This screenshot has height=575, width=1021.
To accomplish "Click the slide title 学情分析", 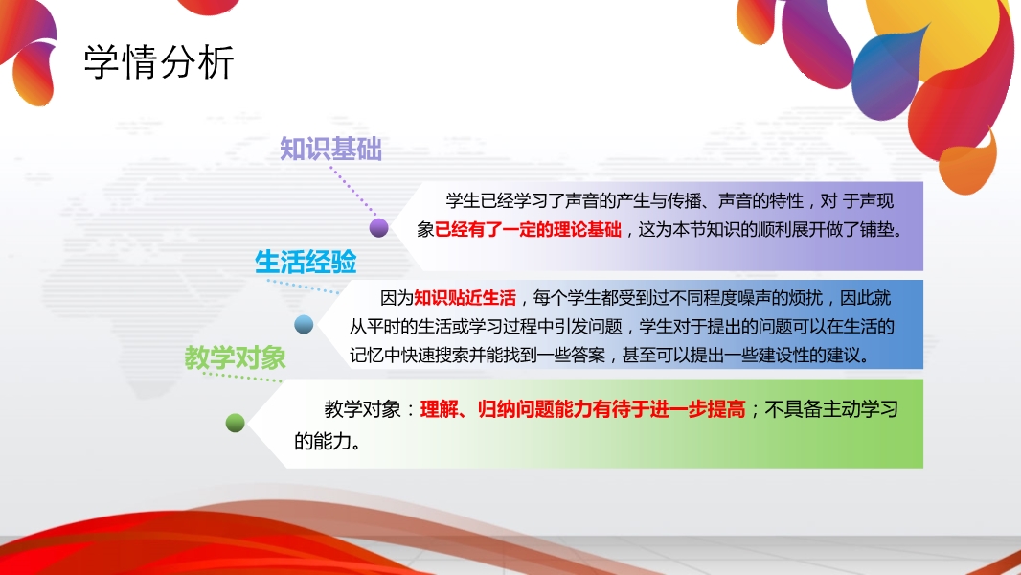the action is pyautogui.click(x=159, y=62).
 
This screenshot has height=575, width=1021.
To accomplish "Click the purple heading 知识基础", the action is pyautogui.click(x=330, y=149).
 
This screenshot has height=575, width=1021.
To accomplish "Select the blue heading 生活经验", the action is pyautogui.click(x=306, y=263).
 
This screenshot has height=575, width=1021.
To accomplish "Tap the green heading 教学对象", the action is pyautogui.click(x=235, y=357).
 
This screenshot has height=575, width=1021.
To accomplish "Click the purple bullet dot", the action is pyautogui.click(x=379, y=228).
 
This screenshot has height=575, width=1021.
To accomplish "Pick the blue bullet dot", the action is pyautogui.click(x=304, y=324).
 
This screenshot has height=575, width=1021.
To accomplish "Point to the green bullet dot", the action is pyautogui.click(x=235, y=424).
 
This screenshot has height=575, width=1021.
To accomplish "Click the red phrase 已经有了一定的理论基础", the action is pyautogui.click(x=528, y=229).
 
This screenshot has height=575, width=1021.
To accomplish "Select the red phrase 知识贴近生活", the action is pyautogui.click(x=465, y=298).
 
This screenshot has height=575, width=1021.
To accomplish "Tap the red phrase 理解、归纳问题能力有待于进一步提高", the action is pyautogui.click(x=582, y=409).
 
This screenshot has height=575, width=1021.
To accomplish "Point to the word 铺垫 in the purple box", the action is pyautogui.click(x=876, y=229).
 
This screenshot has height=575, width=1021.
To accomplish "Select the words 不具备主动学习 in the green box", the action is pyautogui.click(x=831, y=409).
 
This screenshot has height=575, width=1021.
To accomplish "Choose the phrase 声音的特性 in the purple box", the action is pyautogui.click(x=760, y=200).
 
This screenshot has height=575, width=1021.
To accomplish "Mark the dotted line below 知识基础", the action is pyautogui.click(x=352, y=191).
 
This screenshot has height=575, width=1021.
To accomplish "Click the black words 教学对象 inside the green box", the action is pyautogui.click(x=363, y=409).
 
